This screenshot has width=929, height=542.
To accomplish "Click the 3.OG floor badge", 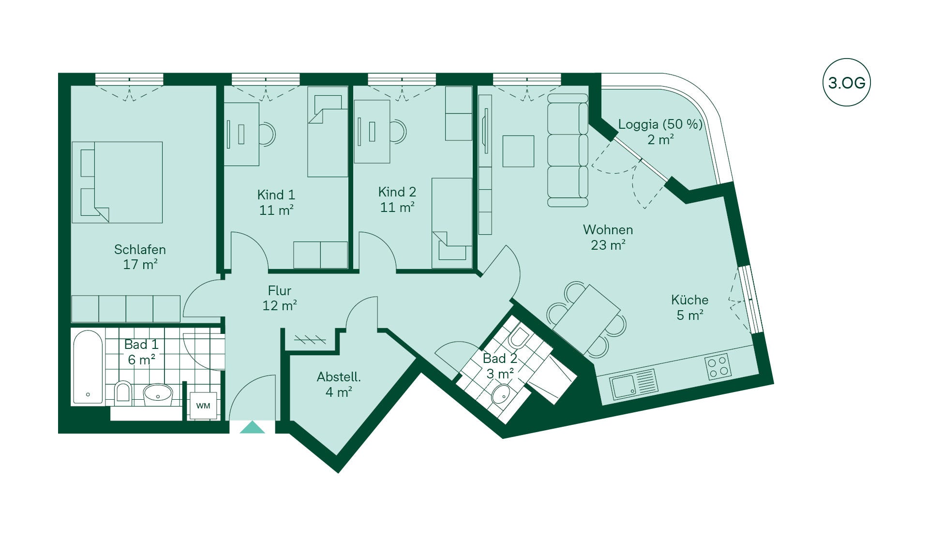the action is click(x=846, y=82).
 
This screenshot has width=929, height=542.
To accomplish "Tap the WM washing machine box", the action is click(x=203, y=406).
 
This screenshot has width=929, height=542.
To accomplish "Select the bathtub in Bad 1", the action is click(x=88, y=367).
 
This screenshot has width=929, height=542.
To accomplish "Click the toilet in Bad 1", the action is click(x=123, y=392).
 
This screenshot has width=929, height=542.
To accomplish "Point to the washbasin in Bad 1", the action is click(x=158, y=394).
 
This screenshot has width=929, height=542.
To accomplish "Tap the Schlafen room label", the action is click(x=140, y=249).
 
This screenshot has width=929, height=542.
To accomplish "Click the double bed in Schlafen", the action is click(x=117, y=182).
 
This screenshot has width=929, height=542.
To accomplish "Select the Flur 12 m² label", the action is click(x=280, y=298).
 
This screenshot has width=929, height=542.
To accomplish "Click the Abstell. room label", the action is click(x=339, y=376).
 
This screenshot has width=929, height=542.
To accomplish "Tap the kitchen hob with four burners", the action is click(x=718, y=367).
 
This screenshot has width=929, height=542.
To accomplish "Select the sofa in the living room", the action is click(x=568, y=150).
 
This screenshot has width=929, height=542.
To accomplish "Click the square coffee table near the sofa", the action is click(x=518, y=151).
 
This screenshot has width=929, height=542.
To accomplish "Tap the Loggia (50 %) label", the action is click(x=660, y=124).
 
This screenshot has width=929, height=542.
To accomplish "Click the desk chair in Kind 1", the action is click(x=267, y=134).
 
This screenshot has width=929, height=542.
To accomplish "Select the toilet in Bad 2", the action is click(x=519, y=337).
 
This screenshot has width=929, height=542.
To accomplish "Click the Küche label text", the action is click(x=689, y=300).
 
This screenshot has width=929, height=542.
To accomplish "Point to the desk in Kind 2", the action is click(x=372, y=131).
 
